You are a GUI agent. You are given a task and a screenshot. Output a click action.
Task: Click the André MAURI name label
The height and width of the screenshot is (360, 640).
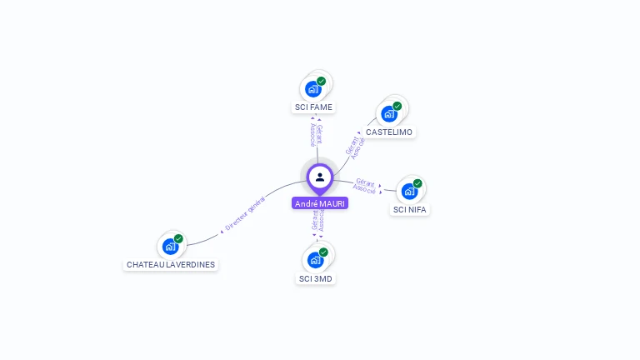tap(320, 203)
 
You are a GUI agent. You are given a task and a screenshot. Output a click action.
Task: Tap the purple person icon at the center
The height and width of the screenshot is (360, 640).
tap(320, 177)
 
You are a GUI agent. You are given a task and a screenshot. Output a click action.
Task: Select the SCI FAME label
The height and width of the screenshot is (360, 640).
tap(314, 107)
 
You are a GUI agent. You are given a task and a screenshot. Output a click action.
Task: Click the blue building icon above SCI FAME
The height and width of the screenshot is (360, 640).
tap(312, 88)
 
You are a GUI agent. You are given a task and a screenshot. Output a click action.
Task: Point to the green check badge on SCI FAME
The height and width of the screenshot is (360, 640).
tap(322, 81)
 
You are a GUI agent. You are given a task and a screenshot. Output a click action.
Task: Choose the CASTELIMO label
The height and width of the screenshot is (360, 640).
tap(389, 132)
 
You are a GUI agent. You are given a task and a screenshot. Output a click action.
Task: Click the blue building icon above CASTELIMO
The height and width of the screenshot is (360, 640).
tap(388, 113)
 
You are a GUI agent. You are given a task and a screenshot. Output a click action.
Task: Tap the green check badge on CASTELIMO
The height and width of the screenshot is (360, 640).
tap(397, 106)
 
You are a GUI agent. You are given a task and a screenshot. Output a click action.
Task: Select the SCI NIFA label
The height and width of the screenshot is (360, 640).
tap(409, 210)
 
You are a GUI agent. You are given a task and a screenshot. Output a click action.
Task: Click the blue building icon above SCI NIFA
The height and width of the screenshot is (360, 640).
tap(408, 191)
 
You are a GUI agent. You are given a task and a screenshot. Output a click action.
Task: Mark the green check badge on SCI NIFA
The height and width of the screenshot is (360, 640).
tap(417, 183)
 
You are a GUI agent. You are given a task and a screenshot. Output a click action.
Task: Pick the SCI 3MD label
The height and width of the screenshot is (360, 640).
tap(317, 278)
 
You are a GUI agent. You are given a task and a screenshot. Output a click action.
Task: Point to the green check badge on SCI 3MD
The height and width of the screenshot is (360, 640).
tap(323, 252)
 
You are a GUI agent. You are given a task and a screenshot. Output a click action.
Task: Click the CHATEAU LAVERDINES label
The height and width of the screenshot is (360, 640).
tap(171, 265)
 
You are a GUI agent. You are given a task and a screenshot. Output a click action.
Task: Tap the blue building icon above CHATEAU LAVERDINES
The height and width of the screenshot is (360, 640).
tap(170, 246)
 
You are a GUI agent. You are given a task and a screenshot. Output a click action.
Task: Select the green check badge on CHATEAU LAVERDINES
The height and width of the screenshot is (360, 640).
tap(178, 238)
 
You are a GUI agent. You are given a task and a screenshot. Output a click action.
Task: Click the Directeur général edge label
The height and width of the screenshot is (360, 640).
tap(245, 212)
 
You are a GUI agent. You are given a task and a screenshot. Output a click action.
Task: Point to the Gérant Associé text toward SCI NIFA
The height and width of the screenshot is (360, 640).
tap(365, 185)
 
